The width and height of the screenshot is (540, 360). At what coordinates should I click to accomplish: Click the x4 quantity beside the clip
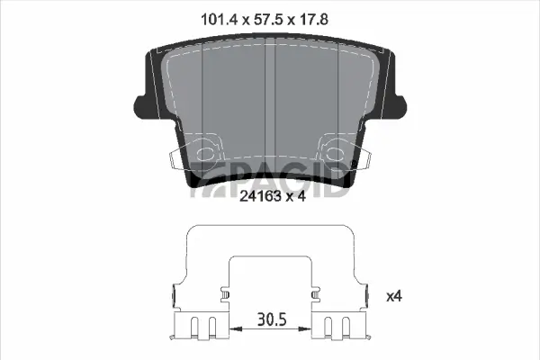pyautogui.click(x=393, y=295)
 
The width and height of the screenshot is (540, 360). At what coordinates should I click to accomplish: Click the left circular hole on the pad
pyautogui.click(x=205, y=151)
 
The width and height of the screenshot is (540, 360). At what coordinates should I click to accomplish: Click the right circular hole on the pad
pyautogui.click(x=338, y=151)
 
